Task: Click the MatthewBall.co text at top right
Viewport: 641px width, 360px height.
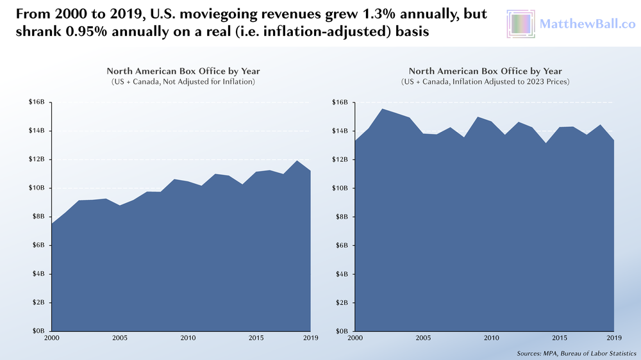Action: click(x=587, y=24)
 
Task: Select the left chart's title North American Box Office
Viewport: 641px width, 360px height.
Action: click(x=183, y=71)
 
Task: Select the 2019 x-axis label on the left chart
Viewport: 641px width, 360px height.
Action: click(x=311, y=338)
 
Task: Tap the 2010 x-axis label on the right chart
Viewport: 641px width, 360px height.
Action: click(x=491, y=338)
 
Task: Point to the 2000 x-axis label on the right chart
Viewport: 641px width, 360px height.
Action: click(x=355, y=338)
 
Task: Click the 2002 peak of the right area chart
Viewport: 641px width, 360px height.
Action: click(x=382, y=109)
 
